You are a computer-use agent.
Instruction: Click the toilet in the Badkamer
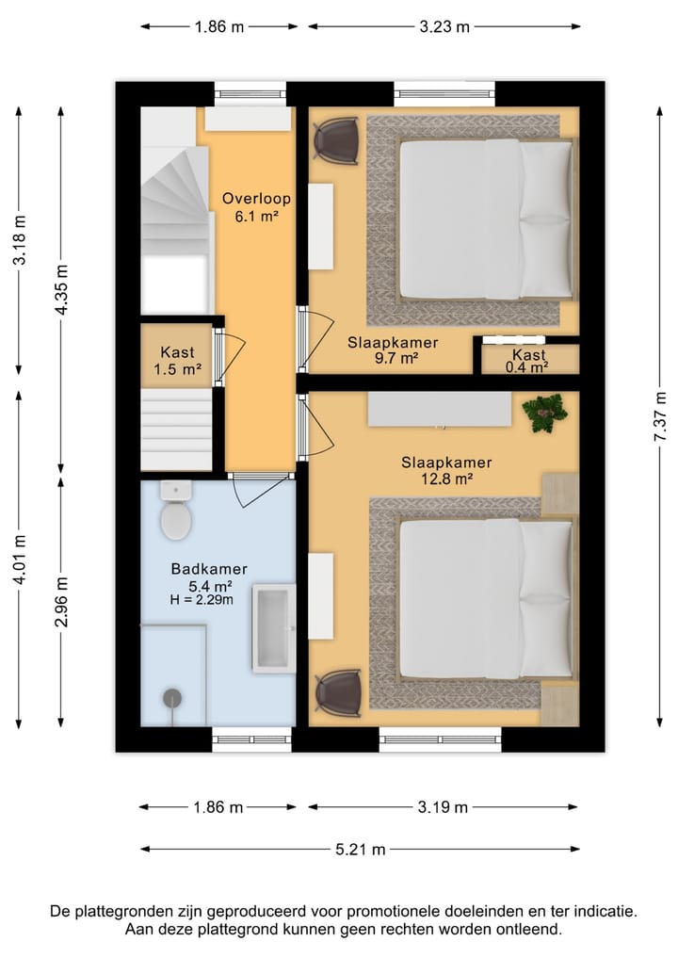tap(176, 510)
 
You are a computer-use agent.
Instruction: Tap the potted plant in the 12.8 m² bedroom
tap(545, 413)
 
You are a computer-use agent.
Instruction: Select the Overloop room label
tap(256, 199)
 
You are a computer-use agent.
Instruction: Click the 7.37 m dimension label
tap(660, 416)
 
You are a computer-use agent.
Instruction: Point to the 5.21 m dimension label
tap(361, 850)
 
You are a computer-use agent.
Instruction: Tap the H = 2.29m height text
tap(202, 600)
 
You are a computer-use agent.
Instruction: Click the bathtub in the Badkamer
tap(274, 628)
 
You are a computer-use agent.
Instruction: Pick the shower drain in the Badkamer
tap(173, 698)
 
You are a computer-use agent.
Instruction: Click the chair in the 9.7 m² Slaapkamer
tap(336, 141)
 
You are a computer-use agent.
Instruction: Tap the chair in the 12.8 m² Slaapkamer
tap(338, 693)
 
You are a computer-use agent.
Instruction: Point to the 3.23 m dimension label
tap(444, 27)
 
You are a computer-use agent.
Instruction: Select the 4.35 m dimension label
tap(61, 290)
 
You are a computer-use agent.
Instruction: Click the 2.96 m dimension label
tap(61, 602)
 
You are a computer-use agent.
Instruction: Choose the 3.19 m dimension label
tap(443, 807)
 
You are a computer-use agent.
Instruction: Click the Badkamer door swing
tap(262, 491)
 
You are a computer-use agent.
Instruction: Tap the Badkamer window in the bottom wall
tap(251, 739)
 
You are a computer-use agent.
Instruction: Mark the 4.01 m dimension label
tap(20, 559)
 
